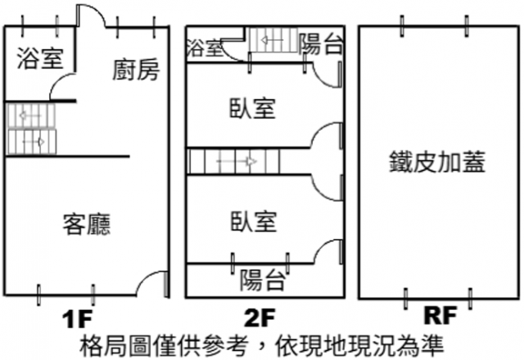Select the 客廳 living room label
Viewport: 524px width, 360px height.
tap(87, 223)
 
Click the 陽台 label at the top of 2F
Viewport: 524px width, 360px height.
tap(320, 44)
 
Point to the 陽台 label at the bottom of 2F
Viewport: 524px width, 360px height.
tap(262, 281)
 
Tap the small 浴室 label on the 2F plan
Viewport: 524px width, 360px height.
tap(206, 47)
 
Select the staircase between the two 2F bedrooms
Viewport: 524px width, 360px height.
tap(234, 160)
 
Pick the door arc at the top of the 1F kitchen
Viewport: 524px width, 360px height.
tap(89, 16)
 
